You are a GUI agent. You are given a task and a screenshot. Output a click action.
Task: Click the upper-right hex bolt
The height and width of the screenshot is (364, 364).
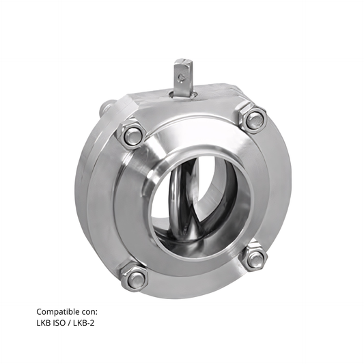click(253, 120)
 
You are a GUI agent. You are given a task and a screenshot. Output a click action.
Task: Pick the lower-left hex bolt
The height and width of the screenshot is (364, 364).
click(136, 276)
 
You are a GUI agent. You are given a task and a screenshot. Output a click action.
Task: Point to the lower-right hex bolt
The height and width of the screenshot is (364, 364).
click(255, 256)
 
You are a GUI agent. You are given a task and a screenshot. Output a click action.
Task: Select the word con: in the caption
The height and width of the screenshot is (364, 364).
click(98, 310)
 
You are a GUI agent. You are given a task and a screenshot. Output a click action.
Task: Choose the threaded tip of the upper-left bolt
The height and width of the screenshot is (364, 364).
click(132, 135)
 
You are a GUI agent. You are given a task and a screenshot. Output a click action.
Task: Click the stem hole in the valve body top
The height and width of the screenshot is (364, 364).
click(184, 92)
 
